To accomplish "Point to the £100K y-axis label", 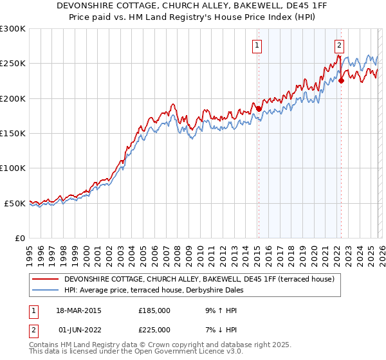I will (13, 168).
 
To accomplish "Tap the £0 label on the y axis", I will (20, 238).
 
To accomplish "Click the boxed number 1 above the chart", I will (257, 45).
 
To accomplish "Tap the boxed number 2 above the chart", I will (338, 45).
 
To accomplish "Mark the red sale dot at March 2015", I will (259, 109).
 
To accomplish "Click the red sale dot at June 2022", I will (341, 81).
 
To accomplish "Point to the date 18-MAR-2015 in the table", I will (78, 310).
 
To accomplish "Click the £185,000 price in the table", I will (154, 310).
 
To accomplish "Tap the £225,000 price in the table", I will (154, 329).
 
